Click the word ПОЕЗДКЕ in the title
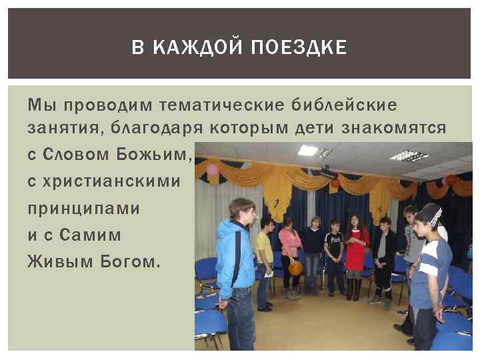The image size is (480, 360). [x=307, y=47]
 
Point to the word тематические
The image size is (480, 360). [x=211, y=105]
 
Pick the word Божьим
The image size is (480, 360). [x=160, y=155]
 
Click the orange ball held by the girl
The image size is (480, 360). [x=295, y=268]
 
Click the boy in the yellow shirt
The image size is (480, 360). [x=265, y=257]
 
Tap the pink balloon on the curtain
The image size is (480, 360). [x=213, y=169]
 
